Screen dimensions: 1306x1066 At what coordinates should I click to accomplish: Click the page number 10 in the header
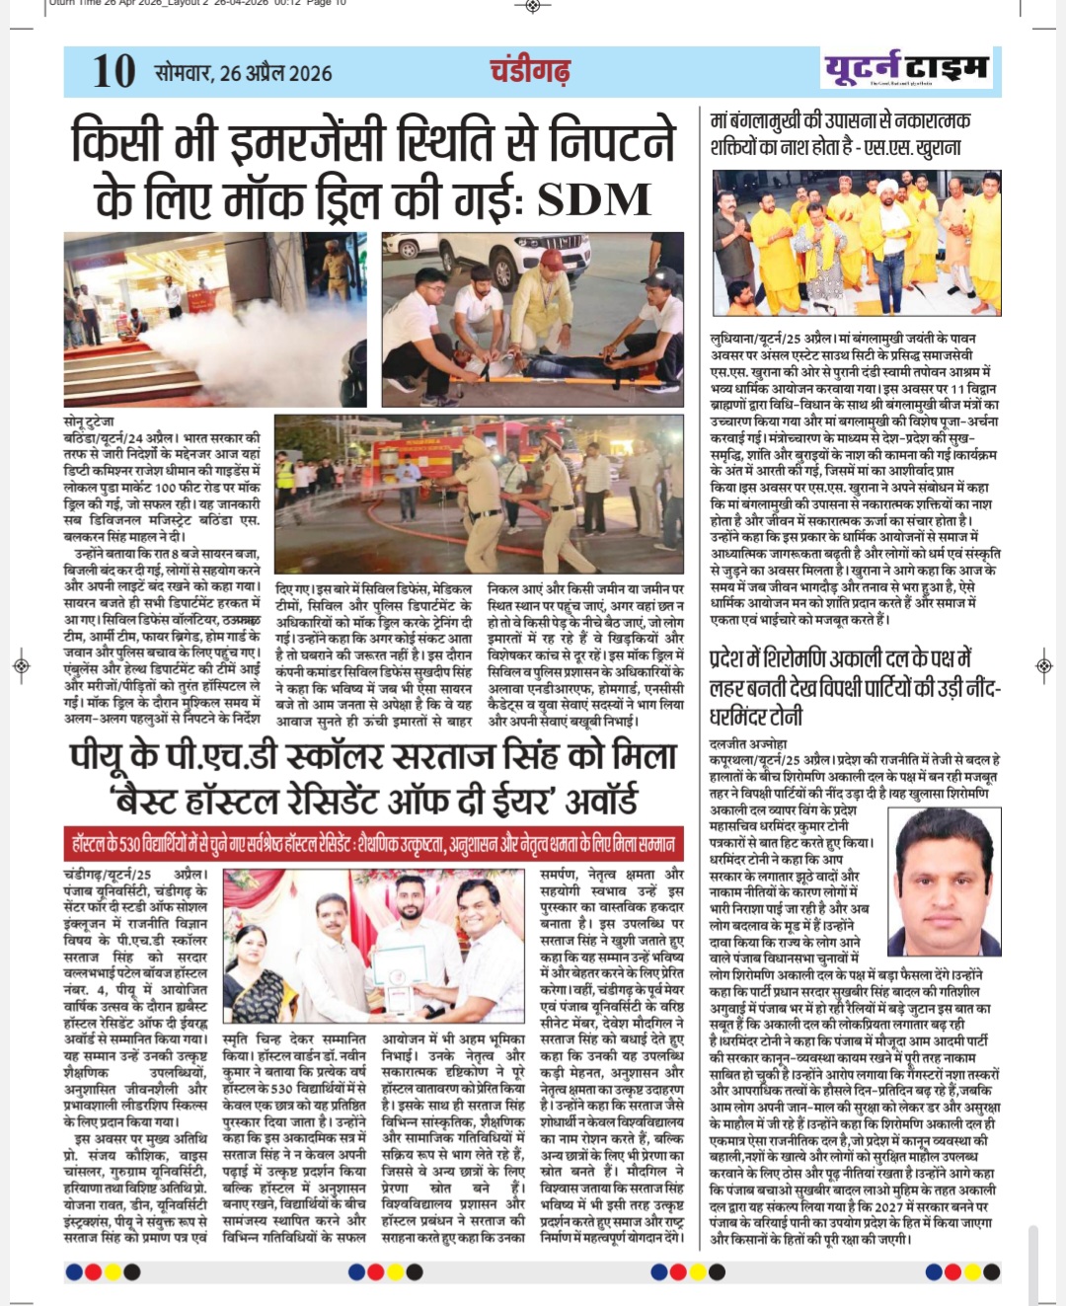(x=114, y=72)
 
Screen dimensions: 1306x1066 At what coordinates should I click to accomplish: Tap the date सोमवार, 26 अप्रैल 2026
(x=243, y=73)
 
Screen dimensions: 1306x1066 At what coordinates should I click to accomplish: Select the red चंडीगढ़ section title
(x=530, y=71)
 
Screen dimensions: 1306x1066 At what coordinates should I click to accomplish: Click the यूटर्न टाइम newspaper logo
(x=905, y=69)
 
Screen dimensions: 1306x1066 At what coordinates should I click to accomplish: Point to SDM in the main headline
(x=594, y=199)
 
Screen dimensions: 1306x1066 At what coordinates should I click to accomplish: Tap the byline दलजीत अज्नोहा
(x=748, y=743)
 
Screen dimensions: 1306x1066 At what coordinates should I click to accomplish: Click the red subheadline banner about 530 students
(x=373, y=845)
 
